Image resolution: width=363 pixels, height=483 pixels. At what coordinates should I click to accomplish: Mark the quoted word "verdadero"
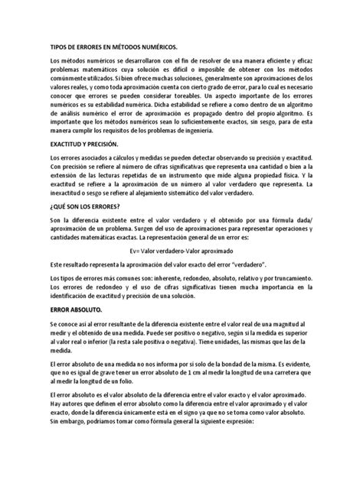point(252,262)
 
